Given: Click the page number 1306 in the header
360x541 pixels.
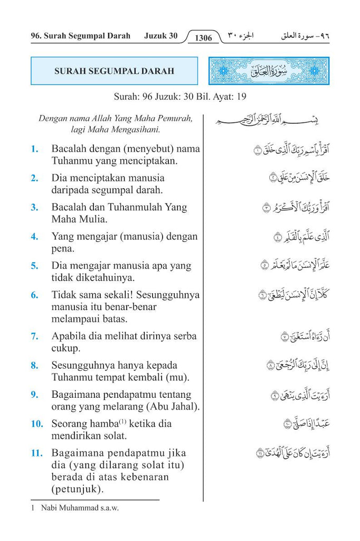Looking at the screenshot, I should [x=203, y=38].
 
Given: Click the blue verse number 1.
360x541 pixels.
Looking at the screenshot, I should [x=34, y=149].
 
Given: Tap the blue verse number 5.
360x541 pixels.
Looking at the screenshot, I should [x=34, y=266].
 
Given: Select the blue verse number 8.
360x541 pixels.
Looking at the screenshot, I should [x=34, y=365].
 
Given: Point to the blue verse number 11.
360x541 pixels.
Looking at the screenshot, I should [x=36, y=453].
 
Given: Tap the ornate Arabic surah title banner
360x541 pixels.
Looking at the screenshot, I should [x=269, y=71].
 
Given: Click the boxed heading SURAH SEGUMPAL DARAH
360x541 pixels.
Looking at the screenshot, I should [x=114, y=71].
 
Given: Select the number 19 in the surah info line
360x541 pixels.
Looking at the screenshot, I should [x=241, y=97].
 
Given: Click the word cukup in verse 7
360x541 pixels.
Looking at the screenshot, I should [x=65, y=348].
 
